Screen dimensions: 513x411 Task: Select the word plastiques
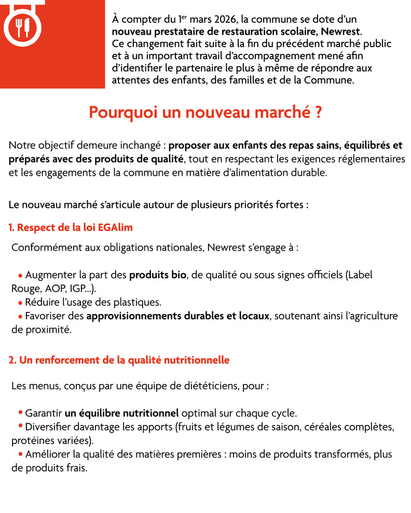click(139, 302)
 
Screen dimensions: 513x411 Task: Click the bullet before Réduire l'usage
click(20, 303)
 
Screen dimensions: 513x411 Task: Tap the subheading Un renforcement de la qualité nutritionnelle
click(119, 360)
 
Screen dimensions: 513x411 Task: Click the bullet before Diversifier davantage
click(20, 427)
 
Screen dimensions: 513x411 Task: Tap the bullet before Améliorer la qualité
click(20, 454)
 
